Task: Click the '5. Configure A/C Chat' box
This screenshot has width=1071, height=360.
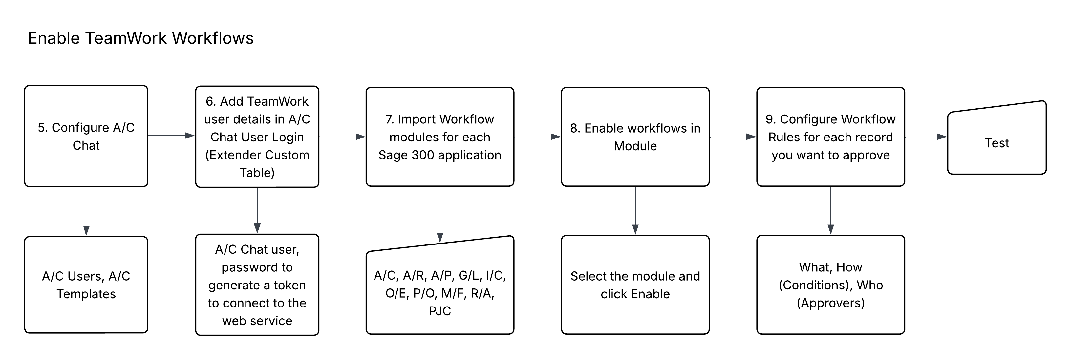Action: coord(86,136)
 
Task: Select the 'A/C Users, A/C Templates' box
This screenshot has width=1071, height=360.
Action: coord(86,285)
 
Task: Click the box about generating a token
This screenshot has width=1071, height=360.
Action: coord(257,285)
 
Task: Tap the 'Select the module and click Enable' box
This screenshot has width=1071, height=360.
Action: coord(635,285)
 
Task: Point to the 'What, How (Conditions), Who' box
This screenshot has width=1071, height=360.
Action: coord(831,285)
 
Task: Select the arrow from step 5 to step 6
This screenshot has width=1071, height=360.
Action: coord(171,136)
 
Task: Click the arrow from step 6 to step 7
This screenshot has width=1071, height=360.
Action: coord(342,136)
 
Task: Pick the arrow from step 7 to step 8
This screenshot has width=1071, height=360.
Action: coord(538,136)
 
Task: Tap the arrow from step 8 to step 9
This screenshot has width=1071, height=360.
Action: coord(733,136)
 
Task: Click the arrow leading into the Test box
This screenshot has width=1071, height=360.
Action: coord(926,136)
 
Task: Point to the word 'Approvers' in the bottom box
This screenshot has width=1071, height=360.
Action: coord(831,303)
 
